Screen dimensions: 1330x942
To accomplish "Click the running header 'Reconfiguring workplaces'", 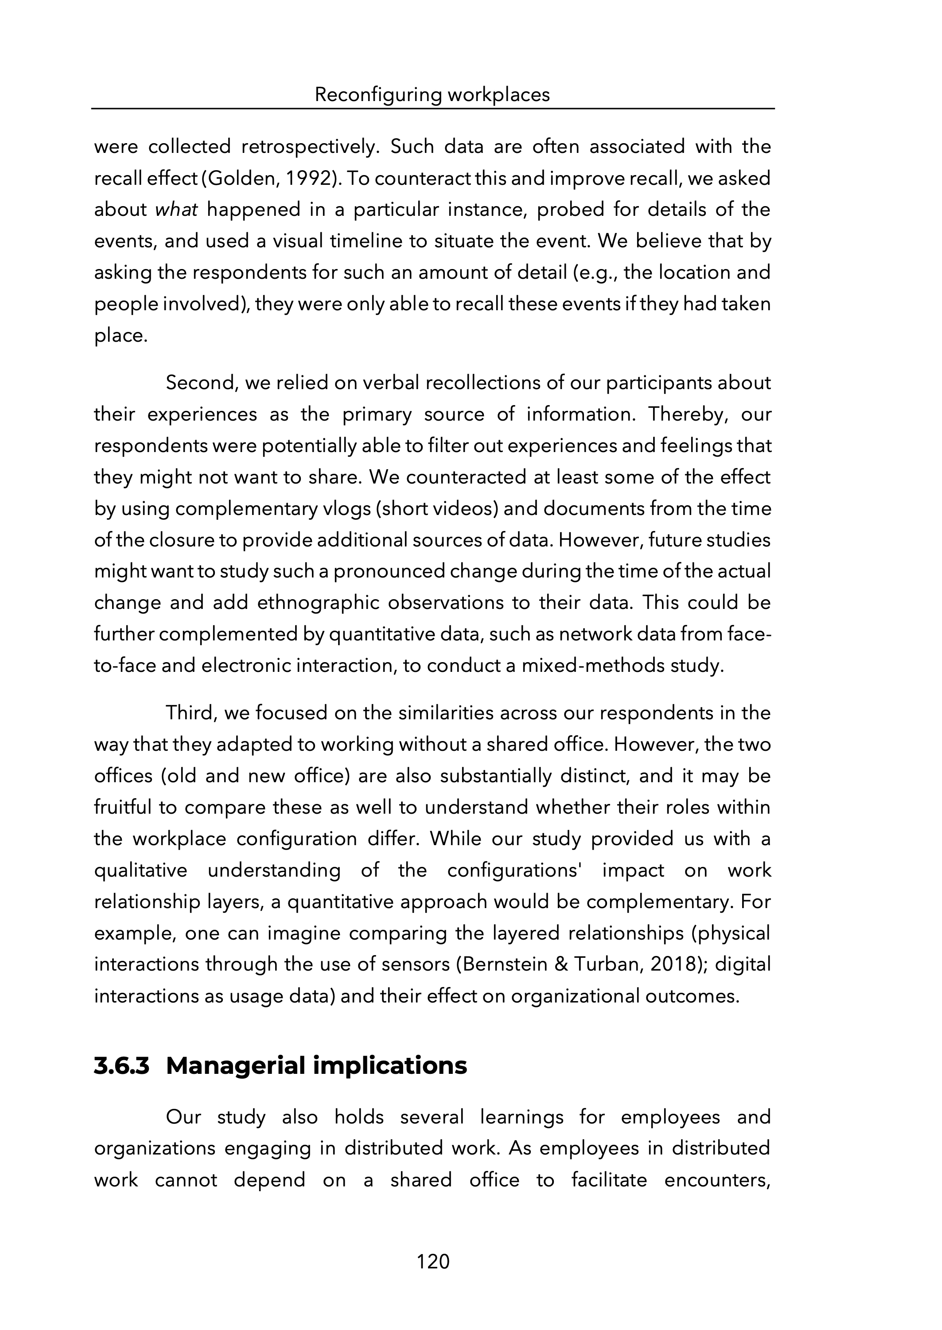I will (x=432, y=94).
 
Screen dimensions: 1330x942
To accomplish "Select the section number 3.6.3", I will (x=122, y=1065).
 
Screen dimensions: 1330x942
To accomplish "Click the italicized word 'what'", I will (x=176, y=209).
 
